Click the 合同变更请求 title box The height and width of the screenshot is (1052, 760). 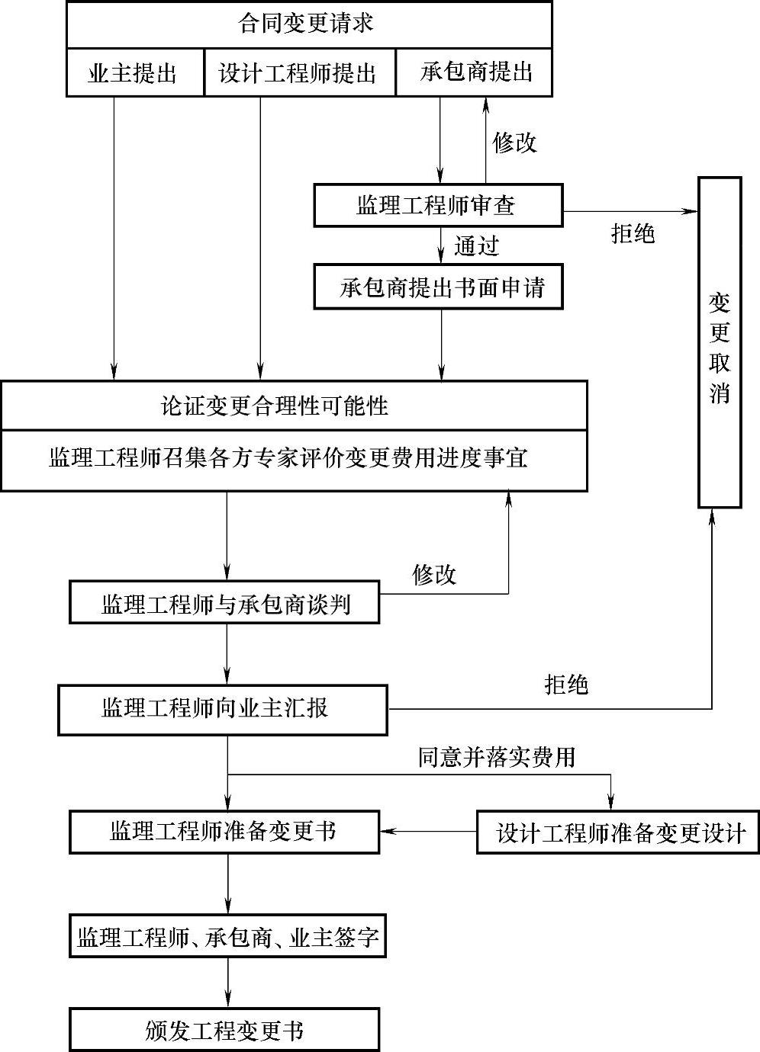[x=309, y=25]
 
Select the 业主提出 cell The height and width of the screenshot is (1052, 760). [x=135, y=73]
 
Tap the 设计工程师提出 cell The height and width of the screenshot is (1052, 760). [x=299, y=73]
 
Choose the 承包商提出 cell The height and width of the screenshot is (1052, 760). [x=474, y=73]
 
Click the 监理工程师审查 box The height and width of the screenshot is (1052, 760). [x=438, y=205]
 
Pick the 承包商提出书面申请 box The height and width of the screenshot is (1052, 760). [x=438, y=287]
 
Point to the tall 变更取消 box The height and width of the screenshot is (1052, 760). [x=720, y=342]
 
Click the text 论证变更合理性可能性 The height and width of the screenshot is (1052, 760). [x=275, y=406]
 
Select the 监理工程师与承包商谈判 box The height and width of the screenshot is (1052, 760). [x=224, y=603]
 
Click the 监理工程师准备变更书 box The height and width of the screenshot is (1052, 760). [x=224, y=832]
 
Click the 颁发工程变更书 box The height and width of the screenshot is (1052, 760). [x=224, y=1031]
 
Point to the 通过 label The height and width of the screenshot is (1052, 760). [x=477, y=245]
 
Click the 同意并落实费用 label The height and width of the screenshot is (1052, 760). [x=496, y=757]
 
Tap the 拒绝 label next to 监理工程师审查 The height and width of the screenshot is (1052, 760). [x=633, y=233]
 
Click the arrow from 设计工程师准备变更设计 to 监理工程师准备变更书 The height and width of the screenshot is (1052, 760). [x=427, y=831]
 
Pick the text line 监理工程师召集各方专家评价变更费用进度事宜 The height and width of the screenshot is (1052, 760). [x=288, y=458]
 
